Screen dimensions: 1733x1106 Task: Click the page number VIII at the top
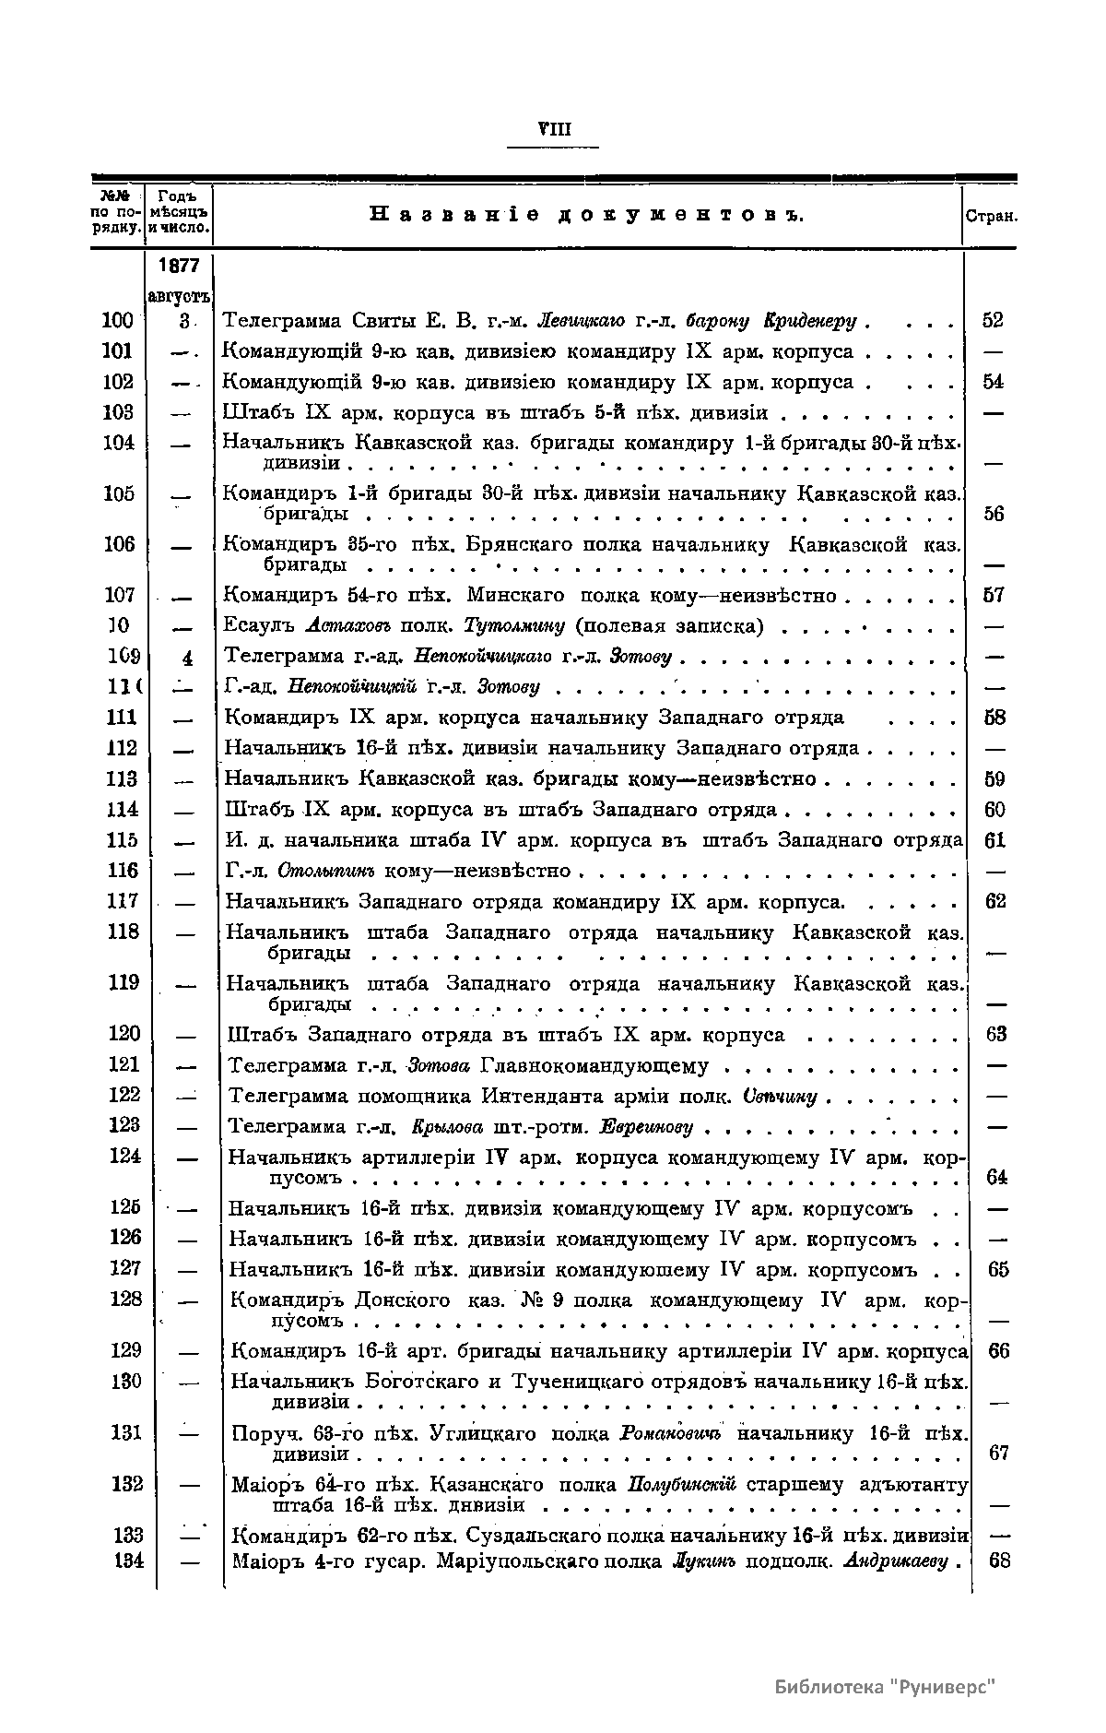click(x=553, y=129)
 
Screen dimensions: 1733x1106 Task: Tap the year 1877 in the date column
click(x=179, y=266)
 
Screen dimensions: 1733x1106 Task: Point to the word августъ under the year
click(x=179, y=296)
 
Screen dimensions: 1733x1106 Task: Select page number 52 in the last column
click(x=993, y=321)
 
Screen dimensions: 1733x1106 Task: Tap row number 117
click(x=123, y=901)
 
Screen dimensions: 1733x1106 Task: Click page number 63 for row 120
click(x=995, y=1034)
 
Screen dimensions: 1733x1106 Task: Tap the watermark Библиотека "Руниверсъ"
click(x=887, y=1687)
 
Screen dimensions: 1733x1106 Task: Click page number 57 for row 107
click(x=994, y=596)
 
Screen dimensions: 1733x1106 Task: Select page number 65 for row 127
click(x=998, y=1270)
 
